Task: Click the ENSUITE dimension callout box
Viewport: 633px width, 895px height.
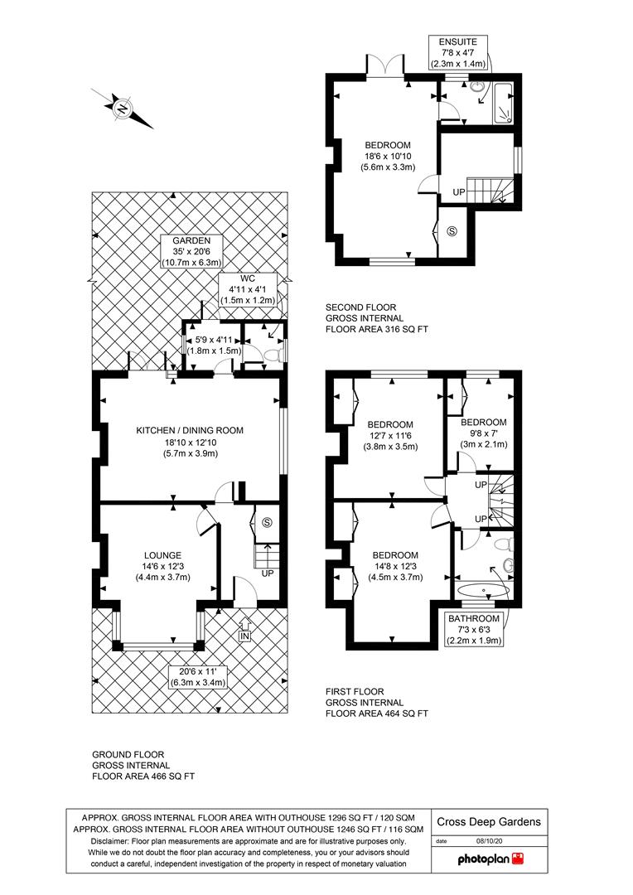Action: [x=459, y=52]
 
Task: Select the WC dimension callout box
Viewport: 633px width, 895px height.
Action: [x=246, y=288]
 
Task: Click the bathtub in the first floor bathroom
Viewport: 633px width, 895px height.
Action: [x=481, y=590]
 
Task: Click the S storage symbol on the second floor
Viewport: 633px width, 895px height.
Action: [x=452, y=231]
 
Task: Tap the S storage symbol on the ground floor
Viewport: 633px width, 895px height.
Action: [x=267, y=522]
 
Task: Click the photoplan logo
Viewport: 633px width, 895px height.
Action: [x=490, y=860]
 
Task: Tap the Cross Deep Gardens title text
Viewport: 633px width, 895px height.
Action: [x=490, y=822]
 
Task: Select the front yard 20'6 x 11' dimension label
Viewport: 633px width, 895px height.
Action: [x=197, y=677]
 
